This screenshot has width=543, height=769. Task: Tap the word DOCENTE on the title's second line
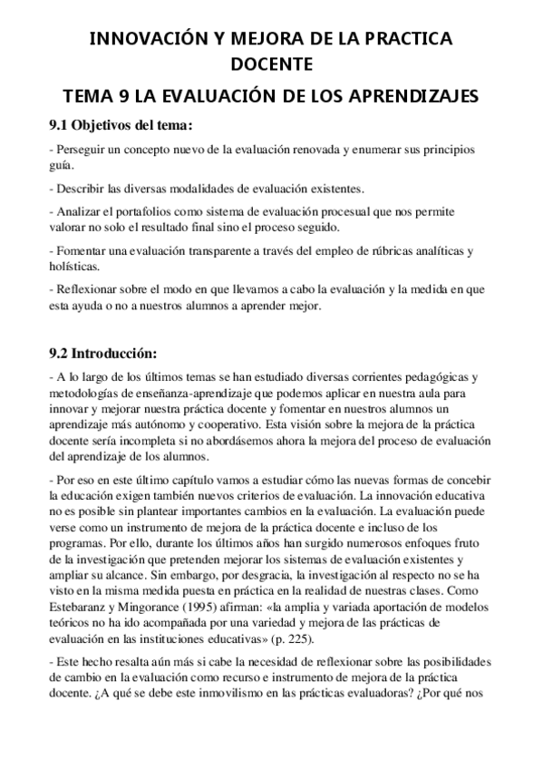tap(271, 64)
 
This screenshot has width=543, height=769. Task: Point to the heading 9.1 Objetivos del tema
tap(120, 125)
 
